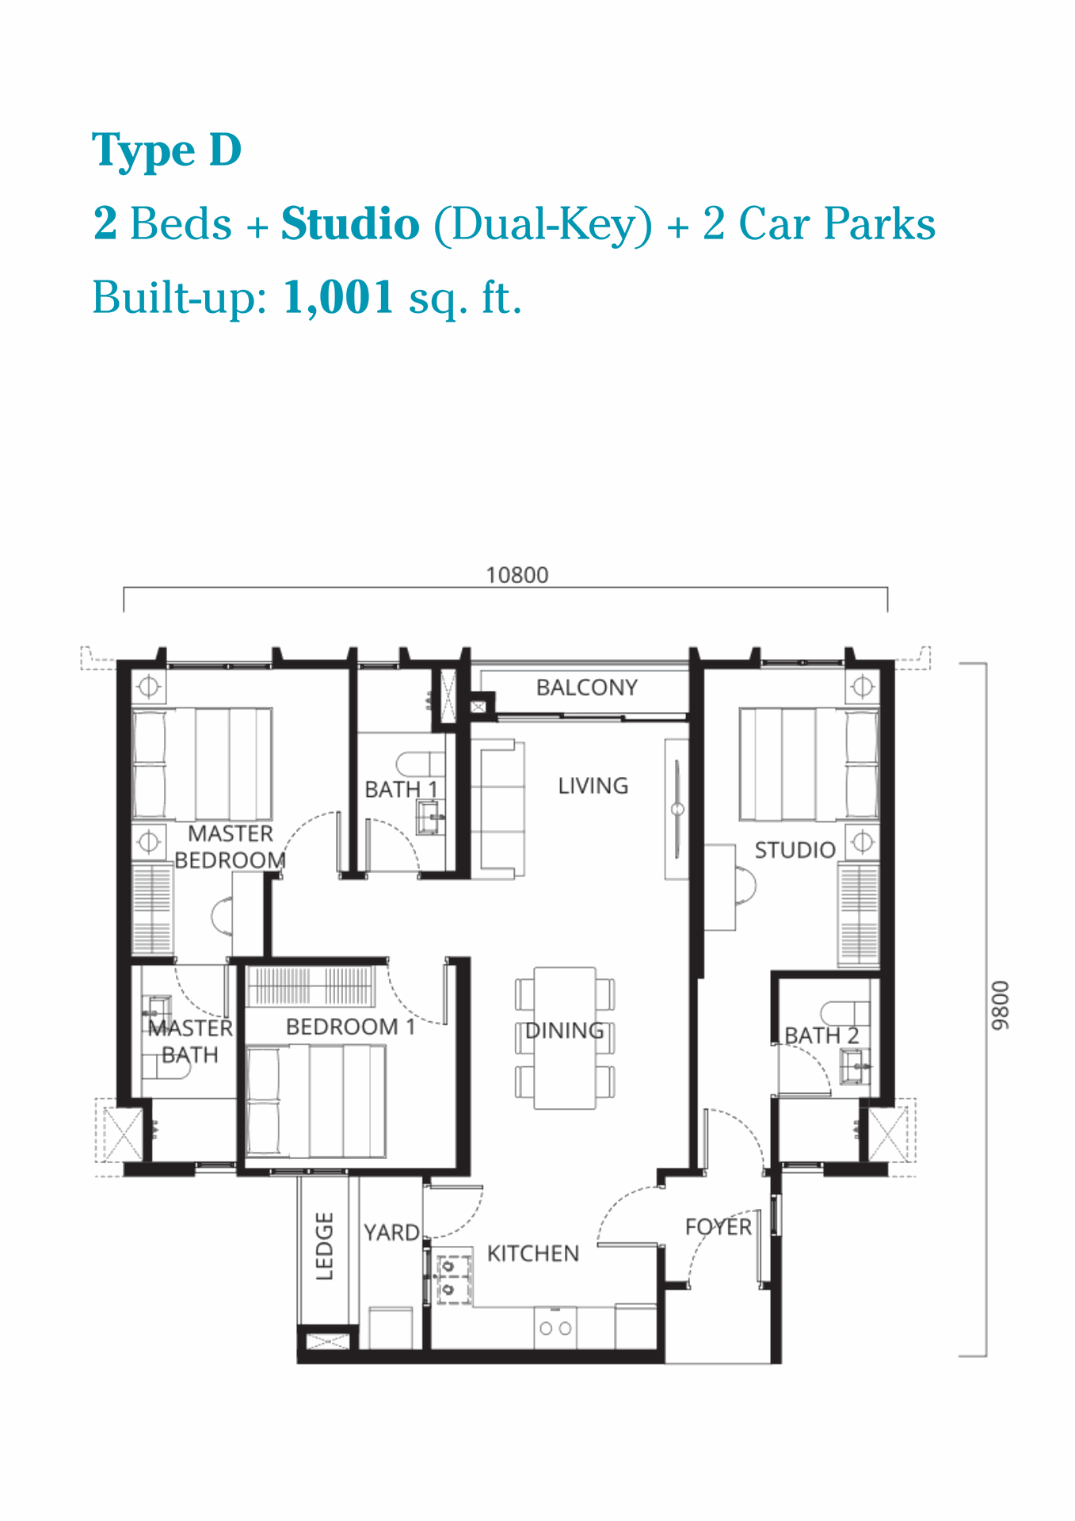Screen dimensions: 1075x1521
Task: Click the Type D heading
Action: coord(166,151)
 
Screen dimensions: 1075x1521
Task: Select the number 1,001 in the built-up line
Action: coord(338,298)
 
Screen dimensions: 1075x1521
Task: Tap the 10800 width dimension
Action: coord(517,575)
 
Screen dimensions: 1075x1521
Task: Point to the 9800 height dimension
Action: coord(1001,1005)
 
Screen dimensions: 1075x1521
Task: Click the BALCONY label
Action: coord(587,687)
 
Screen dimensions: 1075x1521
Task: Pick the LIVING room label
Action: coord(593,786)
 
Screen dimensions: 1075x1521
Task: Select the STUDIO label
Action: coord(795,850)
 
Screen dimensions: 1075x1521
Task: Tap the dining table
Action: coord(565,1038)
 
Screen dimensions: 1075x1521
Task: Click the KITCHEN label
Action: coord(533,1253)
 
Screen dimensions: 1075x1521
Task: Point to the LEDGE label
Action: coord(325,1246)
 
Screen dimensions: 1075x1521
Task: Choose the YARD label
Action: coord(391,1233)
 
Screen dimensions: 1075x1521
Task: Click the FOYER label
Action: coord(718,1227)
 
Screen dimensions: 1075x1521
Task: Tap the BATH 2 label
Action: coord(821,1035)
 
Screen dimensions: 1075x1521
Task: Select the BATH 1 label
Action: coord(401,789)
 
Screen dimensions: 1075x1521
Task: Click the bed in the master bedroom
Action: coord(202,764)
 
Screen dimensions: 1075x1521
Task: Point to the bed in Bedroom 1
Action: coord(316,1101)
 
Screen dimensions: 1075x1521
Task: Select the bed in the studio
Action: coord(809,764)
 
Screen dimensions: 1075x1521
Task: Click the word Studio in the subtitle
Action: coord(350,223)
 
